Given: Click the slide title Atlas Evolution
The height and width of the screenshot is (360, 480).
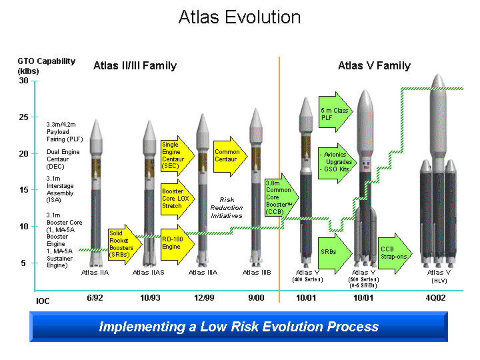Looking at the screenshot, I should [239, 17].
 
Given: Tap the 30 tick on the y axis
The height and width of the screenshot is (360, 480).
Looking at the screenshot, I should [24, 81].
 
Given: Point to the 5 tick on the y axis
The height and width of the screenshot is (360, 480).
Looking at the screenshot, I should [24, 263].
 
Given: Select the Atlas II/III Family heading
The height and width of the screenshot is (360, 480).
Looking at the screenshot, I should [135, 65].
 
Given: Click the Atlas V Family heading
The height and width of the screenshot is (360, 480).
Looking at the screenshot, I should [374, 65].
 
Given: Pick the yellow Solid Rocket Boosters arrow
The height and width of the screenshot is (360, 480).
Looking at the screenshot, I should [123, 244].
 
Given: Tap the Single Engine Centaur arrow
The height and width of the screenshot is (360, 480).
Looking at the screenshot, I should [176, 155].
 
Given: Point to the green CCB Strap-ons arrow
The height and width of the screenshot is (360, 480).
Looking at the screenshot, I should [396, 252].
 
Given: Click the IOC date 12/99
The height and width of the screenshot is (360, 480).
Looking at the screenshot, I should [203, 297].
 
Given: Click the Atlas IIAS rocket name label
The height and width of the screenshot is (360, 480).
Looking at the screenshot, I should [148, 272].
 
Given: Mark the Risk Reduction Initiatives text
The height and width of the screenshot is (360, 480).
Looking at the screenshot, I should [227, 207].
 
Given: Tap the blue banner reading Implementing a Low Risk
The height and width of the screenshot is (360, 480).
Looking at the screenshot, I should [239, 327].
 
